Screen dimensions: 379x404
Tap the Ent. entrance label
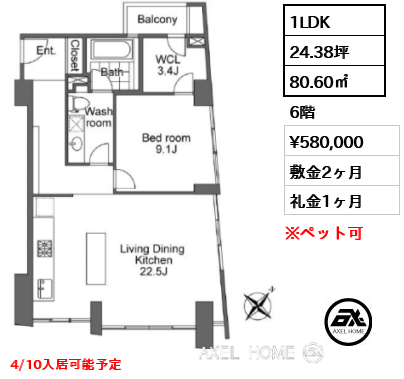click(x=45, y=49)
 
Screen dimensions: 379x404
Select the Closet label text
click(x=77, y=54)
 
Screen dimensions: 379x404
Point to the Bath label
click(x=111, y=71)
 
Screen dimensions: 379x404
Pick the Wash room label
click(x=99, y=118)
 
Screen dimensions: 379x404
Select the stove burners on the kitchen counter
click(x=44, y=246)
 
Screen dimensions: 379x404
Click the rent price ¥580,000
click(x=327, y=143)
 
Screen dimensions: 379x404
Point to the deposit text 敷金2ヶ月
click(x=324, y=172)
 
